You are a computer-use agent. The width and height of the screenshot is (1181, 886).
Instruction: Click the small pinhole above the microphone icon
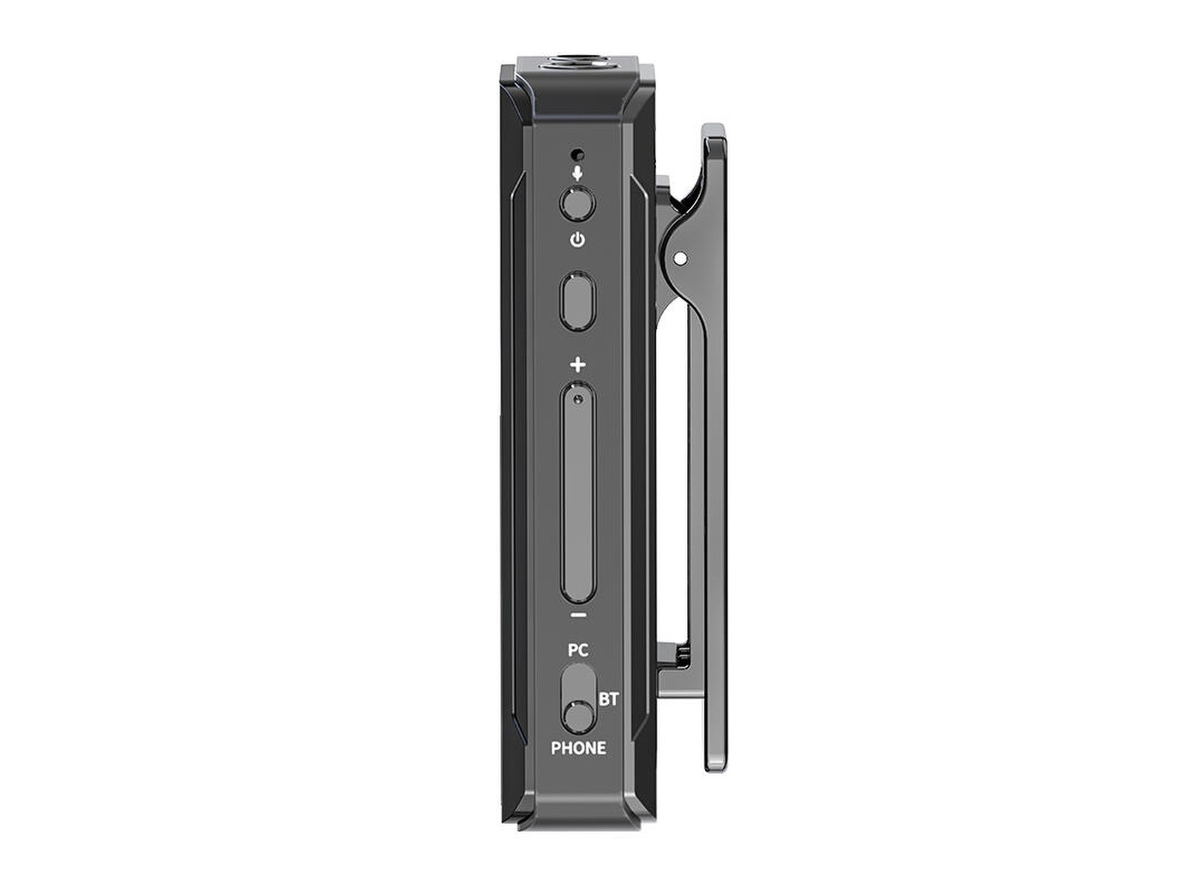[578, 156]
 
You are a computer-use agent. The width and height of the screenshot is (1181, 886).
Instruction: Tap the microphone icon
[578, 174]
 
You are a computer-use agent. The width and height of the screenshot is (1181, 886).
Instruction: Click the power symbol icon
[578, 240]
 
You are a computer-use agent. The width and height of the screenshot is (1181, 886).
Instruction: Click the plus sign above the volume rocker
[578, 365]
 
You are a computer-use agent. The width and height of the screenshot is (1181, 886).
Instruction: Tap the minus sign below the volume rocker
[579, 614]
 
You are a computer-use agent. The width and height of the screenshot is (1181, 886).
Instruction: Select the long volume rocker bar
[578, 495]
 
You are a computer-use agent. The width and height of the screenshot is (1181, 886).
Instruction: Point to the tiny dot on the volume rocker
[578, 399]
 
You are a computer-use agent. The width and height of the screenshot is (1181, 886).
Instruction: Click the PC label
[578, 650]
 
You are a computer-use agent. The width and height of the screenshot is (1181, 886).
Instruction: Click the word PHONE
[579, 748]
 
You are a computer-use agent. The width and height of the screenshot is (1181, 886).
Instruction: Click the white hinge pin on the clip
[681, 258]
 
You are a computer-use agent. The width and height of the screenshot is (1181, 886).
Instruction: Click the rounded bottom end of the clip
[715, 764]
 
